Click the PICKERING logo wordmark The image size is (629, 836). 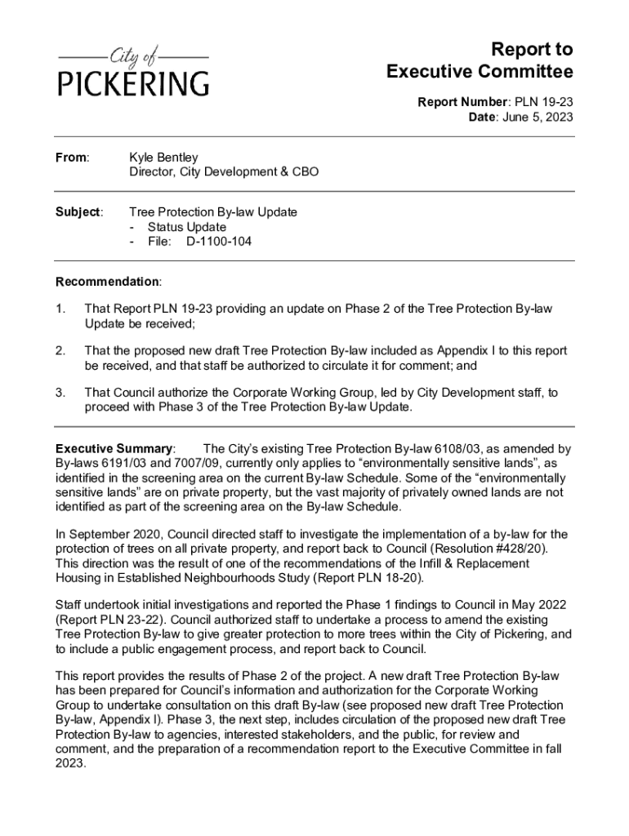[132, 82]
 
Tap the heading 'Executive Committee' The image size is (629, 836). [480, 73]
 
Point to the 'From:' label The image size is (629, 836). [72, 157]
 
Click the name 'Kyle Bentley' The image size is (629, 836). [163, 157]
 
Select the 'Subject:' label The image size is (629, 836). [78, 212]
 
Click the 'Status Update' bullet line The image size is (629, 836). [186, 227]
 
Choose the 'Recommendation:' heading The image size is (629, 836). [108, 282]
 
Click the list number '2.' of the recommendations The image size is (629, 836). [60, 350]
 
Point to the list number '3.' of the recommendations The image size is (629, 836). [60, 393]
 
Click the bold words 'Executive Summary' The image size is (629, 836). [114, 449]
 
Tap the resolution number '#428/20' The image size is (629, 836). [527, 549]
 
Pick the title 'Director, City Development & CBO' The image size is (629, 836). [224, 172]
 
